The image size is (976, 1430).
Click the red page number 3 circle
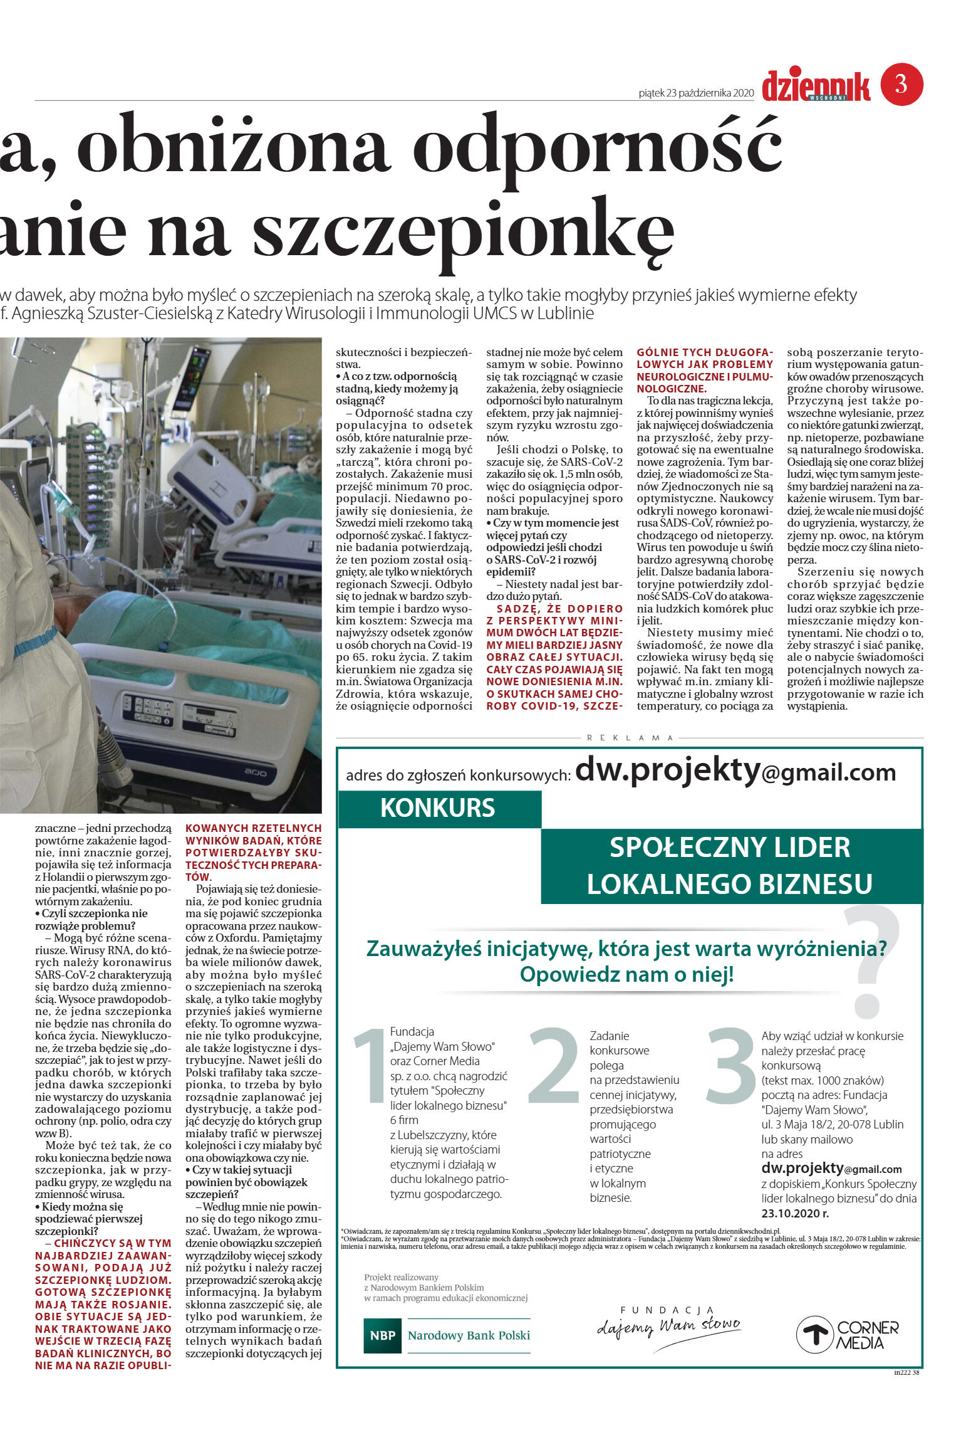pyautogui.click(x=901, y=84)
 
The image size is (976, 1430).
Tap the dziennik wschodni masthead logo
pyautogui.click(x=816, y=87)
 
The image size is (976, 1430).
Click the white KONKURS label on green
pyautogui.click(x=437, y=808)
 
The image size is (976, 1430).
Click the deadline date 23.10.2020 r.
pyautogui.click(x=795, y=1213)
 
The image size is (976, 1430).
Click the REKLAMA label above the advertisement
pyautogui.click(x=630, y=738)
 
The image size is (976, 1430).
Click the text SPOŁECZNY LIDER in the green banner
pyautogui.click(x=730, y=847)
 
